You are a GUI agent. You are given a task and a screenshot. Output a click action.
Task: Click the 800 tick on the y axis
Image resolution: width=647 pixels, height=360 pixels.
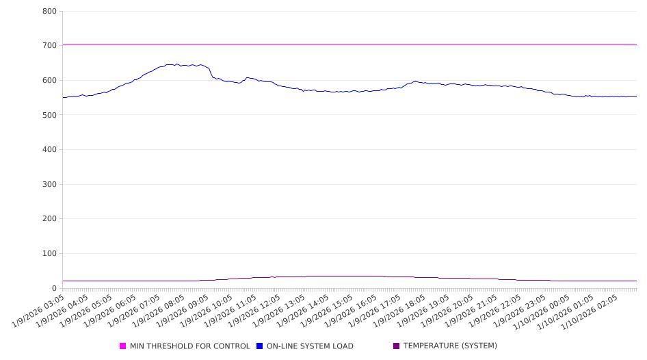coord(49,11)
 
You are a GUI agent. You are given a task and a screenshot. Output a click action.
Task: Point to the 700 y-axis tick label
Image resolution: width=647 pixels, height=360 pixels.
coord(49,46)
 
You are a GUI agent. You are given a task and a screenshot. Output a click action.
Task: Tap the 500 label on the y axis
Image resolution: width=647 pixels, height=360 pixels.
coord(49,115)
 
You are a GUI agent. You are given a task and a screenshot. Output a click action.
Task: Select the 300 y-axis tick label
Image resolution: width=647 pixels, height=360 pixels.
coord(49,184)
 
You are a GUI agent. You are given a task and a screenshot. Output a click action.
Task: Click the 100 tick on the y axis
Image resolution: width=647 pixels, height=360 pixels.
coord(49,254)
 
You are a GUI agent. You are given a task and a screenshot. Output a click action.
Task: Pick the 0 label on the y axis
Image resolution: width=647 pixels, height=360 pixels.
coord(54,288)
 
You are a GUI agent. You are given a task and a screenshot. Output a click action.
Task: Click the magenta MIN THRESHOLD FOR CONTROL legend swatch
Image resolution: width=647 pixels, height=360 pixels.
coord(123,346)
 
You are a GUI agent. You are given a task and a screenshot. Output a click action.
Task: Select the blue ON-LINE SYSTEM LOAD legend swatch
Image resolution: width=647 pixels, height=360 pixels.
coord(260,346)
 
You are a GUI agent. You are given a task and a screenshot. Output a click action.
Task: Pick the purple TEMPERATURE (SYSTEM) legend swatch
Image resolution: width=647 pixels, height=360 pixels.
coord(397,346)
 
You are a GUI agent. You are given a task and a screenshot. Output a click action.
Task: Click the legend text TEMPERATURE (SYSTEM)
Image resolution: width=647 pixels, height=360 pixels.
coord(450,346)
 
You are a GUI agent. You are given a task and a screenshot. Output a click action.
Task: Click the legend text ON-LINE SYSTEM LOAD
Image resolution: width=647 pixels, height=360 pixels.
coord(310,346)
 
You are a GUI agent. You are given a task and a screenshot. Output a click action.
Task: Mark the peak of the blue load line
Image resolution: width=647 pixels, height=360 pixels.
coord(177,64)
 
